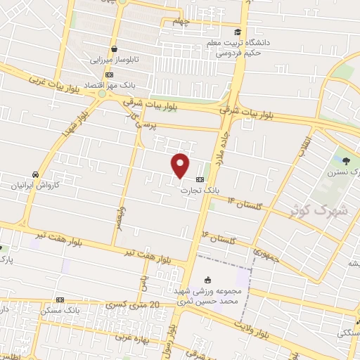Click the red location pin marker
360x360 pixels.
click(181, 165)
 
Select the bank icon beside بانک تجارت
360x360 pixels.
click(200, 179)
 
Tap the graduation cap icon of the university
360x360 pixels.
click(238, 32)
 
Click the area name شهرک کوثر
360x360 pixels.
click(312, 210)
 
